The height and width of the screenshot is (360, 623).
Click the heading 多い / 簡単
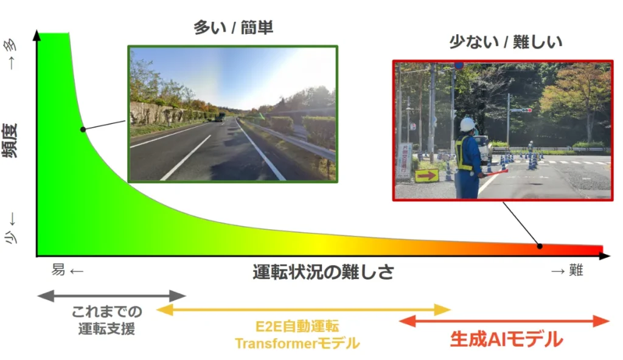pyautogui.click(x=233, y=28)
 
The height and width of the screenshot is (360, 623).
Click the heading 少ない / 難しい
pyautogui.click(x=506, y=42)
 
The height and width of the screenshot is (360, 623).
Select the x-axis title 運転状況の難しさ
pyautogui.click(x=323, y=272)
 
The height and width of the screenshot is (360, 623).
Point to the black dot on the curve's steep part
pyautogui.click(x=83, y=130)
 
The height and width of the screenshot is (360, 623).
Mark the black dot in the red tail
pyautogui.click(x=540, y=246)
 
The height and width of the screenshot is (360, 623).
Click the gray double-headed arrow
pyautogui.click(x=112, y=296)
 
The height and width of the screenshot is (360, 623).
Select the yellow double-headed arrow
pyautogui.click(x=304, y=310)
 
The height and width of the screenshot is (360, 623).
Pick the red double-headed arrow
pyautogui.click(x=504, y=321)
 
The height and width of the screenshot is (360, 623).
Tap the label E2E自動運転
pyautogui.click(x=297, y=327)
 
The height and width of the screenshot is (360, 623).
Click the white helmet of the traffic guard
pyautogui.click(x=468, y=125)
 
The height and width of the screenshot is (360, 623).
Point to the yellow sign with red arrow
pyautogui.click(x=426, y=175)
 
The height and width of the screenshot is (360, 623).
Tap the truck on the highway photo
pyautogui.click(x=220, y=117)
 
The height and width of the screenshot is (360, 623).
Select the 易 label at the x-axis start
pyautogui.click(x=58, y=270)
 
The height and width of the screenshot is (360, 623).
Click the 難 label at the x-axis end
pyautogui.click(x=576, y=270)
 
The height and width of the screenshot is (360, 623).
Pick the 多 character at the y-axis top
pyautogui.click(x=10, y=45)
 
